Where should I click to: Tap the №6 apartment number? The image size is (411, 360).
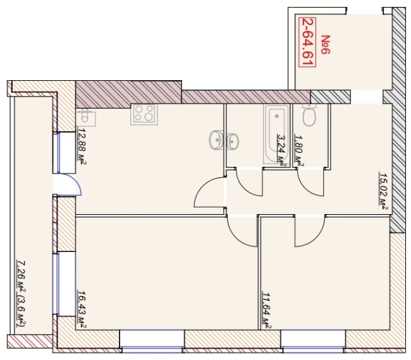tap(326, 45)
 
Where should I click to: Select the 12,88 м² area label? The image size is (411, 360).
tap(82, 146)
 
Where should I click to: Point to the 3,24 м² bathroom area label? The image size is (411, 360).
tap(281, 150)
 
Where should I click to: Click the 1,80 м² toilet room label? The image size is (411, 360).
tap(299, 150)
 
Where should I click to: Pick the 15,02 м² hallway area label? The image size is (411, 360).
tap(383, 191)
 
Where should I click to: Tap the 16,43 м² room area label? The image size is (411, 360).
tap(82, 309)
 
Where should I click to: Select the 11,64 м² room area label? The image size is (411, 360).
tap(267, 310)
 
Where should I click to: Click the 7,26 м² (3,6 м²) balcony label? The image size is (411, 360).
tap(21, 294)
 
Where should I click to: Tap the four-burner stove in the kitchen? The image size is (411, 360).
tap(144, 114)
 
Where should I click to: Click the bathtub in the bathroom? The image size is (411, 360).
tap(276, 134)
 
